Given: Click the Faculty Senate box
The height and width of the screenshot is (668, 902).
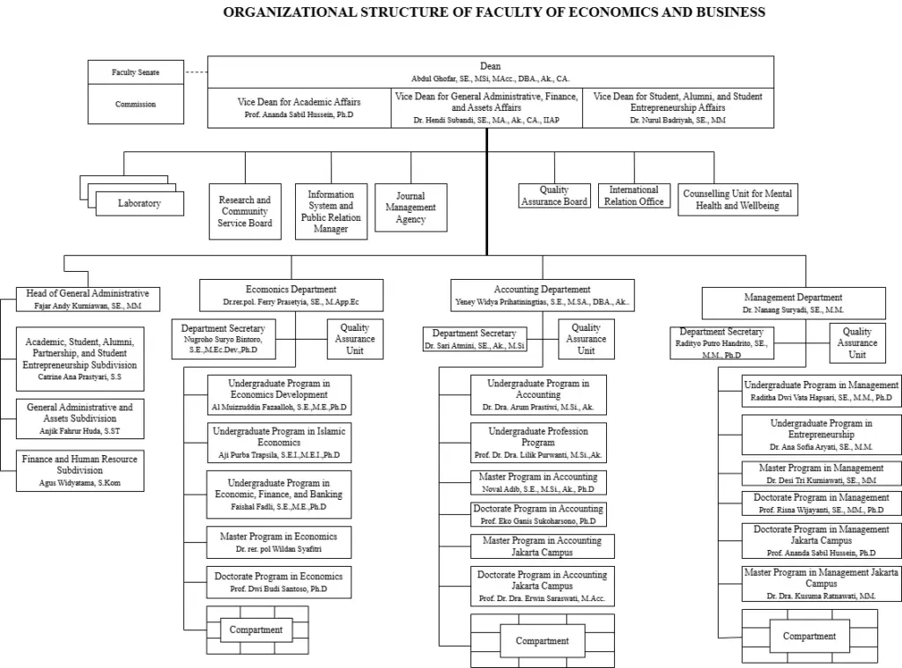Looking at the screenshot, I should point(136,72).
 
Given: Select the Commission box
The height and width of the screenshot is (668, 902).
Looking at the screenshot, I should point(136,104).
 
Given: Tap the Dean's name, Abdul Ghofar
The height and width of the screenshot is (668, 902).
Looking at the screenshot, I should point(491,78).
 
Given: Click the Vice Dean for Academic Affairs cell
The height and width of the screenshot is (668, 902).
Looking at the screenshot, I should point(299,107).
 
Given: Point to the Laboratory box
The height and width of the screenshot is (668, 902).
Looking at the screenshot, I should point(139,203).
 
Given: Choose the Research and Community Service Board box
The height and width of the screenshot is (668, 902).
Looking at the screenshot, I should point(245,211).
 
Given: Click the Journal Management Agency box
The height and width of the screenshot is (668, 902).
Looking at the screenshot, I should point(410,208).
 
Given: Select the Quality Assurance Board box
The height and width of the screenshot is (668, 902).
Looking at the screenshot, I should point(554,195).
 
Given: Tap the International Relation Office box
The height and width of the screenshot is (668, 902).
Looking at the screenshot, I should point(634,195).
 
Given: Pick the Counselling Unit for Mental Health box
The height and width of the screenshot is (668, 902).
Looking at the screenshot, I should point(737,199).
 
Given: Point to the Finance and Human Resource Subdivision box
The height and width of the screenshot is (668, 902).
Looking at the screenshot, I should point(80,470).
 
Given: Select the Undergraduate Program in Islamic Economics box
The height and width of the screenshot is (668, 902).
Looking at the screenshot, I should point(279,443).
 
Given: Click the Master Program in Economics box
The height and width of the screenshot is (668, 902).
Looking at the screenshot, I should point(279,542).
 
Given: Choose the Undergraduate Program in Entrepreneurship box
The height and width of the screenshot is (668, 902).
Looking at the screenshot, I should point(822,434).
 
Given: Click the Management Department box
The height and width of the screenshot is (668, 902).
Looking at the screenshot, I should point(793,303).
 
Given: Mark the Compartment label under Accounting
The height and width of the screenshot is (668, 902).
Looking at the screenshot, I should point(543,641).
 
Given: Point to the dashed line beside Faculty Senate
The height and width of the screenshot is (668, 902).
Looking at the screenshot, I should point(196,72).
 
